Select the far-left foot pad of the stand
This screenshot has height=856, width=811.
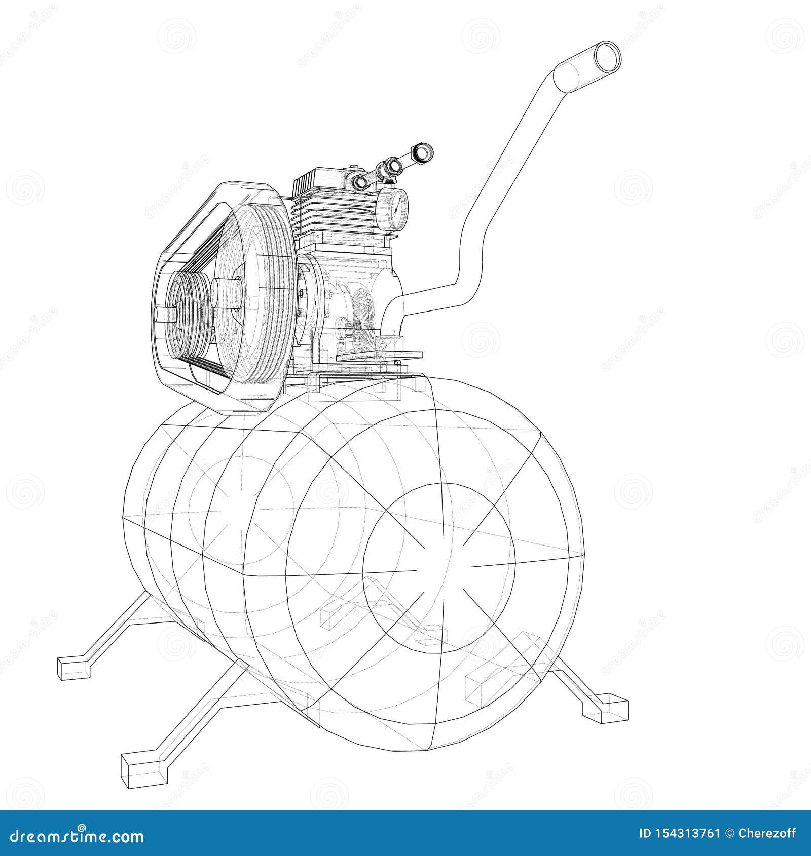75,668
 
